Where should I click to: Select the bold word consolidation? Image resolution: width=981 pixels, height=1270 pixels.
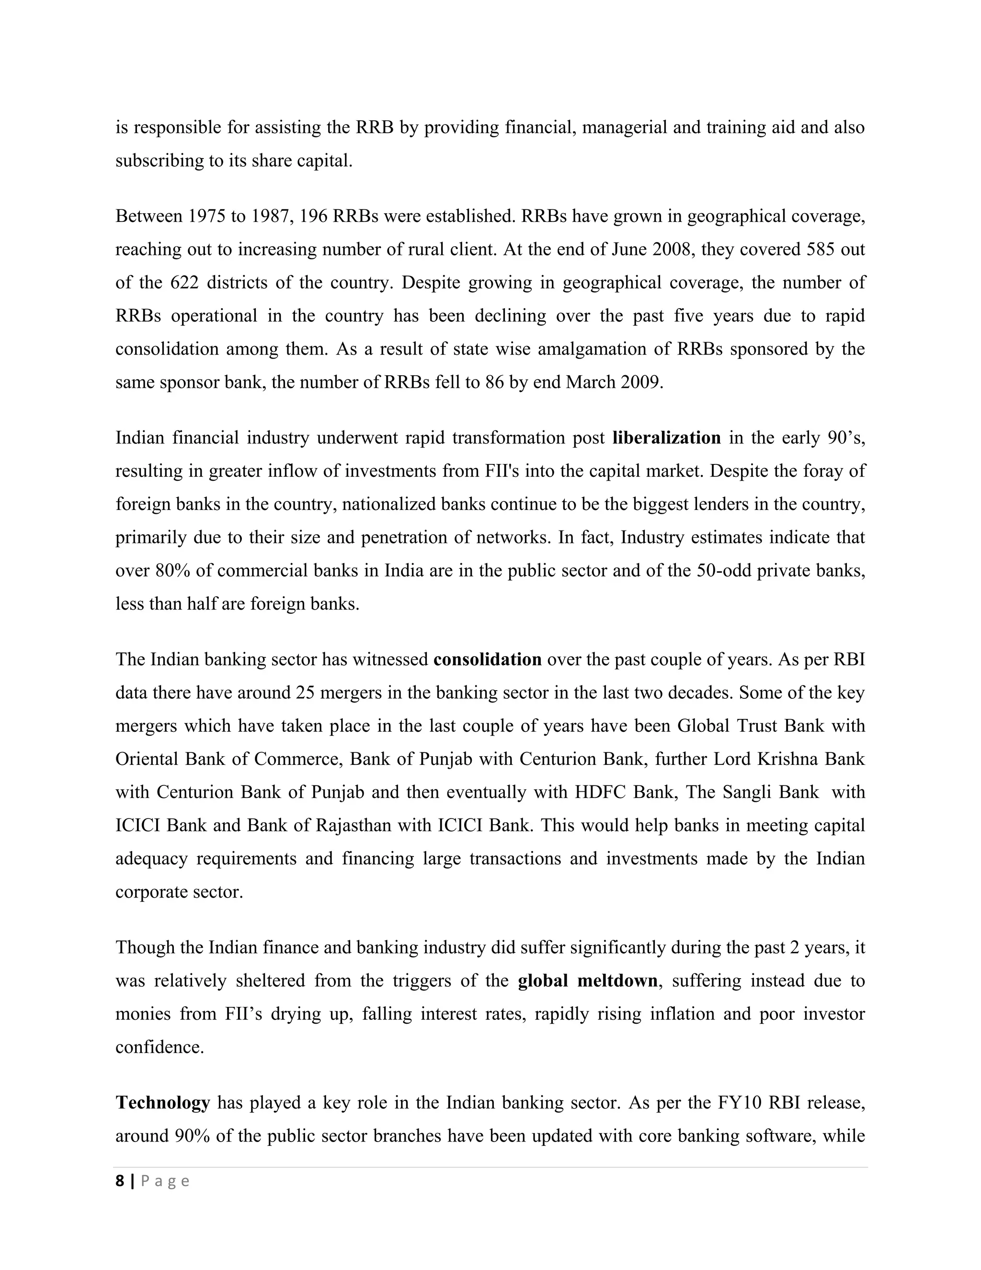click(x=487, y=659)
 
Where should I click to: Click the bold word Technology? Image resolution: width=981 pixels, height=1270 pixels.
click(x=163, y=1103)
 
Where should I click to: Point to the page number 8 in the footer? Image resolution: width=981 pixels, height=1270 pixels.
click(x=120, y=1181)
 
